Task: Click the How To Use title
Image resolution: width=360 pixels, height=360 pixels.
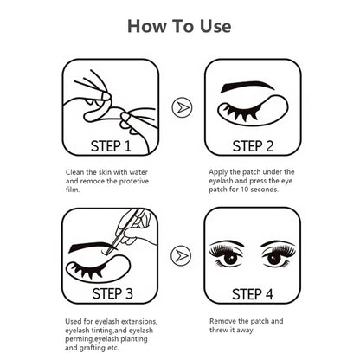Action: pyautogui.click(x=179, y=25)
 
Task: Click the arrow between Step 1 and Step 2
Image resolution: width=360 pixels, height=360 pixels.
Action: pyautogui.click(x=179, y=107)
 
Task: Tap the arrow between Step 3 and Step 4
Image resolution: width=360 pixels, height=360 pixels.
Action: pyautogui.click(x=179, y=255)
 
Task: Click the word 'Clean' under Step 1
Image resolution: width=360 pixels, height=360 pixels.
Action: pyautogui.click(x=75, y=171)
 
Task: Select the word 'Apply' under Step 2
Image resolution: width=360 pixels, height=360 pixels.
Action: pyautogui.click(x=219, y=171)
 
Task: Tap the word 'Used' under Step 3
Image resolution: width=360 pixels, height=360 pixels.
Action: pyautogui.click(x=74, y=320)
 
